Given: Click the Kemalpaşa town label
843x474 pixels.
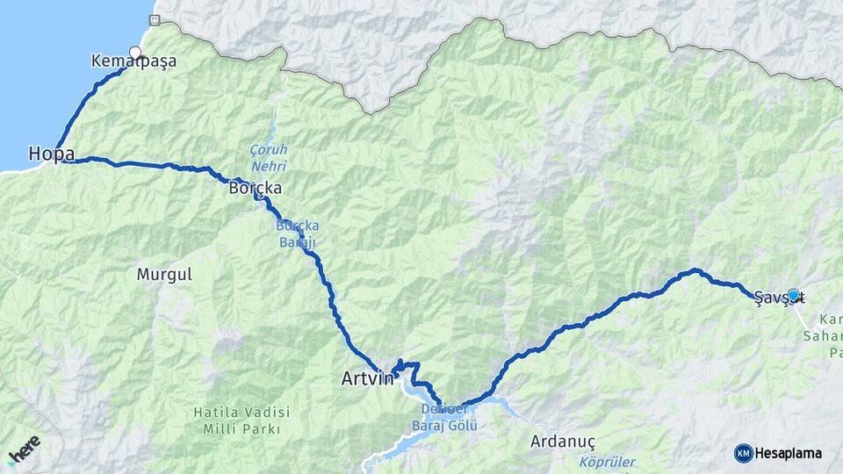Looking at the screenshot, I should click(x=133, y=62).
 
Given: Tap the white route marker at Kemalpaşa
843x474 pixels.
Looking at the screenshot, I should click(x=135, y=53).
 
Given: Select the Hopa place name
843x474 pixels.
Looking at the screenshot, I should click(x=51, y=154).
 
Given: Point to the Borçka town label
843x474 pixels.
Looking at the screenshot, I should click(x=254, y=188).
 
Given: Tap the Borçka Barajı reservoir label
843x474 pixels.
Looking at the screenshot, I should click(x=298, y=233).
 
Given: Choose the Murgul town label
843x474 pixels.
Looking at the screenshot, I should click(x=164, y=275).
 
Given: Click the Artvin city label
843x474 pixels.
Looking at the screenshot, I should click(x=367, y=379).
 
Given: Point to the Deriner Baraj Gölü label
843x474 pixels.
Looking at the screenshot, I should click(x=443, y=419).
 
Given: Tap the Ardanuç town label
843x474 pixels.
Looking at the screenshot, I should click(x=564, y=442).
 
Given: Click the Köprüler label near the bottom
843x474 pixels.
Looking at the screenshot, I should click(x=608, y=462).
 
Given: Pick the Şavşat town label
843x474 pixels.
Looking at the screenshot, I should click(x=778, y=296).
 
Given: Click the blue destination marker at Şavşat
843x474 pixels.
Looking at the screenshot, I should click(x=793, y=295).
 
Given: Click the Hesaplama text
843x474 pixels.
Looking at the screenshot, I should click(x=788, y=453).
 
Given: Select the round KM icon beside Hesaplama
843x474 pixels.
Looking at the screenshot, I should click(x=743, y=453).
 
